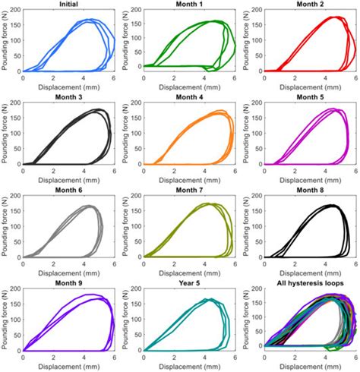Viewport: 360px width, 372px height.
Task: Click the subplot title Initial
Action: coord(68,5)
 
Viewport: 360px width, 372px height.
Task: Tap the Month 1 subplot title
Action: coord(188,5)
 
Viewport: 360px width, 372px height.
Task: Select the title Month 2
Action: coord(308,5)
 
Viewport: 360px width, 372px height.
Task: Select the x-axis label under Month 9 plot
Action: coord(68,366)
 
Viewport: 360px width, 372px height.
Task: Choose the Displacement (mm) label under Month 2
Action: coord(308,87)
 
